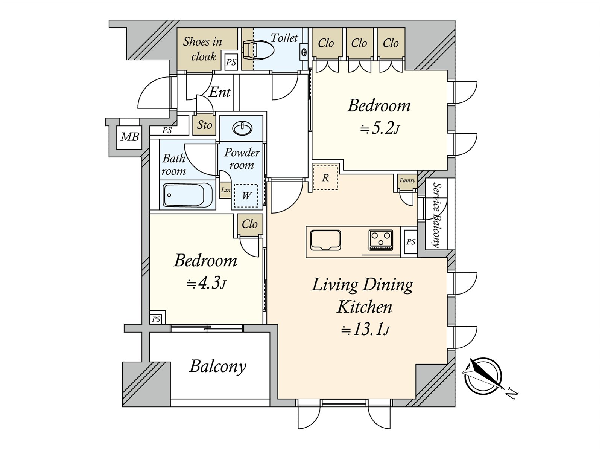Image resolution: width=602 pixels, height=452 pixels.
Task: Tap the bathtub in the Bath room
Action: tap(188, 195)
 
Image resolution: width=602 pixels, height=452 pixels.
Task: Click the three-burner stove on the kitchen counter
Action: tap(381, 240)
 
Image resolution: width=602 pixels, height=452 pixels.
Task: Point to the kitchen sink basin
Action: tap(325, 240)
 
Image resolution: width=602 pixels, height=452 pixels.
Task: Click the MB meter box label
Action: tap(130, 136)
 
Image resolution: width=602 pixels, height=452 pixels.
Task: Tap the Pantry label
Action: tap(407, 180)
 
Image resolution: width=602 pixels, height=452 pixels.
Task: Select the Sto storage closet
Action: tap(204, 125)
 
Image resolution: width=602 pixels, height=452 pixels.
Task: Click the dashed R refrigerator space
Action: tap(325, 177)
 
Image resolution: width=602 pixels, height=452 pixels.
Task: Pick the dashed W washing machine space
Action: tap(246, 195)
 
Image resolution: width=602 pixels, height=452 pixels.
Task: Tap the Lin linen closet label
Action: tap(225, 189)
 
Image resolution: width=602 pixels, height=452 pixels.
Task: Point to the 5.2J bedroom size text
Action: tap(379, 128)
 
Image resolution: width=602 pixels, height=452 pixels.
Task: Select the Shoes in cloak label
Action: tap(203, 49)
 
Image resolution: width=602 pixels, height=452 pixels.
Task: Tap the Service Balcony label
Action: tap(436, 215)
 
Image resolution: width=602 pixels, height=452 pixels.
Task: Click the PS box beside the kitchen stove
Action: tap(410, 241)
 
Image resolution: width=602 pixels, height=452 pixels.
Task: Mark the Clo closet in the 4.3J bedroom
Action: tap(249, 224)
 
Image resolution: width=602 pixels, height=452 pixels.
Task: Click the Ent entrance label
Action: tap(220, 92)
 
